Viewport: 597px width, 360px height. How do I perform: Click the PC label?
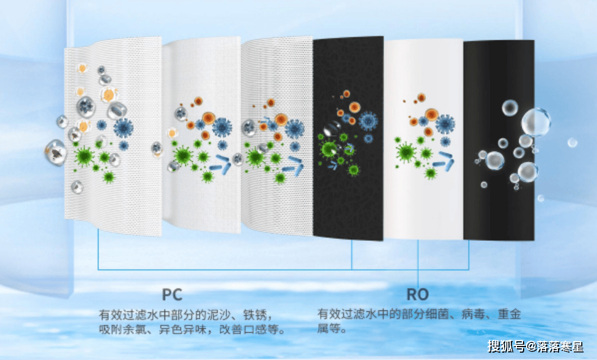tap(172, 294)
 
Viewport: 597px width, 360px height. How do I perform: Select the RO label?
tap(418, 294)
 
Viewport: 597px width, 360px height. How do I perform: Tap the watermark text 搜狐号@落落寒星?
tap(535, 347)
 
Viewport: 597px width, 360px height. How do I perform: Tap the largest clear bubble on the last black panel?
tap(536, 122)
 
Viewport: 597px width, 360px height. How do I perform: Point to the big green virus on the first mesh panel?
tap(84, 156)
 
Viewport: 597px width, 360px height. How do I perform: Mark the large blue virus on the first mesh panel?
tap(123, 127)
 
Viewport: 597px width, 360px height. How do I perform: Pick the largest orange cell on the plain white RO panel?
tap(431, 114)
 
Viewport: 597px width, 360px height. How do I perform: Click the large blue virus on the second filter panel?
tap(222, 127)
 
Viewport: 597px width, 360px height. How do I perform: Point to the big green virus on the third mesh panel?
tap(256, 157)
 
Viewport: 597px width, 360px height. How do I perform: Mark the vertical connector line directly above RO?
tap(418, 263)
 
